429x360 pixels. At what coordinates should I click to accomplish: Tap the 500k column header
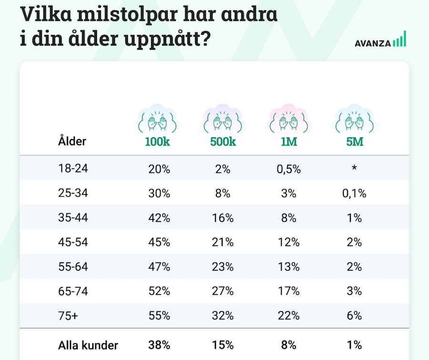click(x=223, y=141)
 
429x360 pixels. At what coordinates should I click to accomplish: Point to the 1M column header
click(x=288, y=141)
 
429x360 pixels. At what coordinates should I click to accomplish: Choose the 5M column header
click(x=354, y=141)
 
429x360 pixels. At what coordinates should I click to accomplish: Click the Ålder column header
click(x=72, y=141)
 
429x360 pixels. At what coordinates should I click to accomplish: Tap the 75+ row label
click(x=67, y=315)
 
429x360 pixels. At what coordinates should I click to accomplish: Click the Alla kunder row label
click(x=88, y=345)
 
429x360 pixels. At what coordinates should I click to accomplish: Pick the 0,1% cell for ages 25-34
click(x=354, y=193)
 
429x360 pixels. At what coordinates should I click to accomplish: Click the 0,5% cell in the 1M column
click(x=288, y=169)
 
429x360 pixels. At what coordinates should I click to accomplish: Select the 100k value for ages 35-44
click(x=159, y=218)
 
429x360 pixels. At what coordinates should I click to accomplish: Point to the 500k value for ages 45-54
click(x=223, y=242)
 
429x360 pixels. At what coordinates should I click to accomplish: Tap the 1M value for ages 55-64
click(x=288, y=267)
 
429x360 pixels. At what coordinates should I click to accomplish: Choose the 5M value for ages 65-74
click(x=354, y=291)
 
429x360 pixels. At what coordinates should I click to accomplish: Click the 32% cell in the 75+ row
click(x=223, y=315)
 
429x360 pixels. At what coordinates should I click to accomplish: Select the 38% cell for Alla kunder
click(x=159, y=345)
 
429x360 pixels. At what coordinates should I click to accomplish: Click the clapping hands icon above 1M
click(x=288, y=121)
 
